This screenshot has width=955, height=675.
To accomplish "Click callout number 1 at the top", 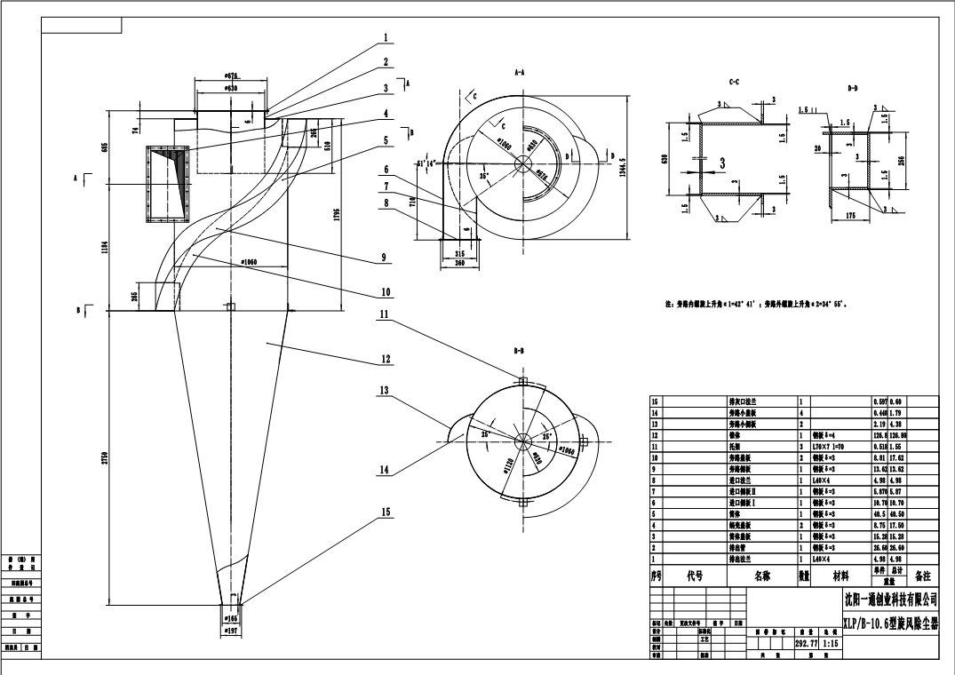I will (x=386, y=37).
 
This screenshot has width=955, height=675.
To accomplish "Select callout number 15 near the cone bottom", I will (x=386, y=511).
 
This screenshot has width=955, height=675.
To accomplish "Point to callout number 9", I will (x=385, y=258).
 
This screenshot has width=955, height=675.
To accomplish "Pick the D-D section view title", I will (x=853, y=88).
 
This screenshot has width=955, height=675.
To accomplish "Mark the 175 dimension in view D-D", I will (x=852, y=215).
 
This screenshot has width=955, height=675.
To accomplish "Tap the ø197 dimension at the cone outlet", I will (x=230, y=630).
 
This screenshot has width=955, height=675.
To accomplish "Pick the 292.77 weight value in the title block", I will (x=805, y=646).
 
